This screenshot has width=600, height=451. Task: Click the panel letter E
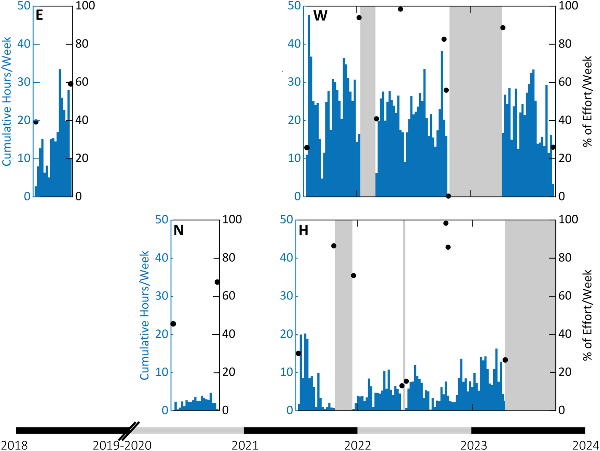pyautogui.click(x=39, y=15)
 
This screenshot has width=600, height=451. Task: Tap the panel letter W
pyautogui.click(x=320, y=16)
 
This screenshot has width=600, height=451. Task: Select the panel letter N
pyautogui.click(x=178, y=230)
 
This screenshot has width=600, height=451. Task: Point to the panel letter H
pyautogui.click(x=303, y=231)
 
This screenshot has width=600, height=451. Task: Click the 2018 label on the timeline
pyautogui.click(x=14, y=445)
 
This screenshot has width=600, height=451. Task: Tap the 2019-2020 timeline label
pyautogui.click(x=122, y=445)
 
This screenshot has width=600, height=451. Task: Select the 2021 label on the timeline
pyautogui.click(x=245, y=445)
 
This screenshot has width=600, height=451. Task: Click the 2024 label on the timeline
pyautogui.click(x=585, y=445)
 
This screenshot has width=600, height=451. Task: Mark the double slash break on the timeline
pyautogui.click(x=129, y=431)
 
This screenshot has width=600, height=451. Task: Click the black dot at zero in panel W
pyautogui.click(x=448, y=196)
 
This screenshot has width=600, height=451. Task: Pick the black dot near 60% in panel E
pyautogui.click(x=70, y=84)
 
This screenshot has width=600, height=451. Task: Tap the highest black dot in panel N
pyautogui.click(x=217, y=282)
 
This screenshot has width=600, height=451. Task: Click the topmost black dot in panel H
pyautogui.click(x=446, y=223)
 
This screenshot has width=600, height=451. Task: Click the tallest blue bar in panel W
pyautogui.click(x=309, y=101)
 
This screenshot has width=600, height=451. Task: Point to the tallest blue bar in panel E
pyautogui.click(x=60, y=132)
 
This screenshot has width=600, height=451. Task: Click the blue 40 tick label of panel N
pyautogui.click(x=161, y=258)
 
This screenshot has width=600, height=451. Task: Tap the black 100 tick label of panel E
pyautogui.click(x=85, y=6)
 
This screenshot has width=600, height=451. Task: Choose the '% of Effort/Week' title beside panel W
pyautogui.click(x=588, y=101)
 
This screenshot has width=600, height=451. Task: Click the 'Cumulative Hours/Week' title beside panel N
pyautogui.click(x=145, y=315)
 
